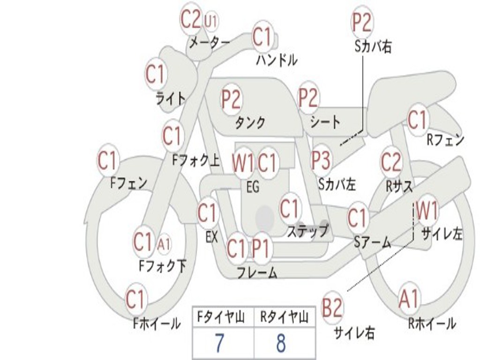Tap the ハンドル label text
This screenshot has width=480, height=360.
(x=277, y=60)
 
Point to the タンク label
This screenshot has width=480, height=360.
(x=250, y=122)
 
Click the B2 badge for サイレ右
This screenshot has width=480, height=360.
(x=332, y=308)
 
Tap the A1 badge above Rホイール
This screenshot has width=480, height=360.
(x=409, y=299)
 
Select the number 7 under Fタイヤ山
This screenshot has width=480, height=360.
(x=219, y=343)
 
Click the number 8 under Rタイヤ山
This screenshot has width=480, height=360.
(x=281, y=343)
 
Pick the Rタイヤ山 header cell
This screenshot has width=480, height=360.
(x=284, y=318)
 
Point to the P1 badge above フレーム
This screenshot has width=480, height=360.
(x=261, y=248)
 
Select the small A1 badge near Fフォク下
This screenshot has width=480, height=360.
(x=164, y=244)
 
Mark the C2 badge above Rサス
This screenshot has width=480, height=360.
(x=391, y=162)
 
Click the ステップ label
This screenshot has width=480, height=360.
(x=307, y=231)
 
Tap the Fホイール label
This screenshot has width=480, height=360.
(x=157, y=323)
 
